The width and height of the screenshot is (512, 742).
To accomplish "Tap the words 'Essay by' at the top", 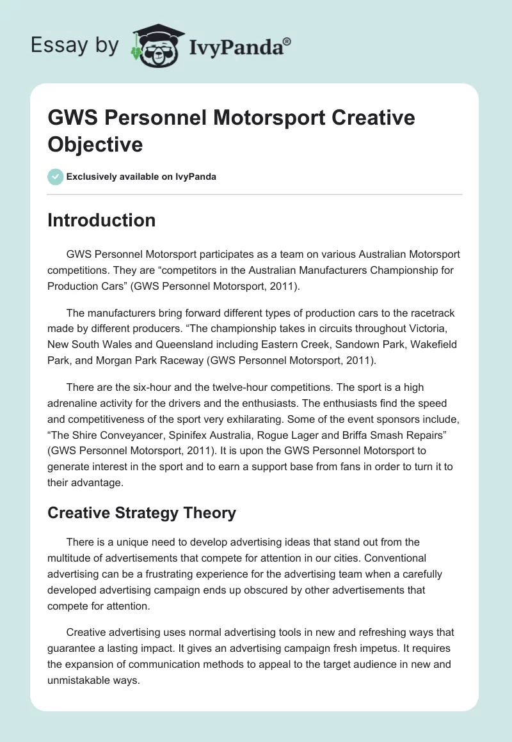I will click(x=76, y=45).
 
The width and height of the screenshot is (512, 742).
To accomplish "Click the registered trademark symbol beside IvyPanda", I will click(x=287, y=42).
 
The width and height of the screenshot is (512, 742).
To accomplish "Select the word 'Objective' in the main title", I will click(x=95, y=144).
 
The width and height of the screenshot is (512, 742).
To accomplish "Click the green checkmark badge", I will click(x=55, y=177).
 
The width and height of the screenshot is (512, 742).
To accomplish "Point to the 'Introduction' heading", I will click(x=101, y=220).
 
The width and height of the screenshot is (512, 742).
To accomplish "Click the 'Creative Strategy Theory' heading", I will click(x=141, y=512).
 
